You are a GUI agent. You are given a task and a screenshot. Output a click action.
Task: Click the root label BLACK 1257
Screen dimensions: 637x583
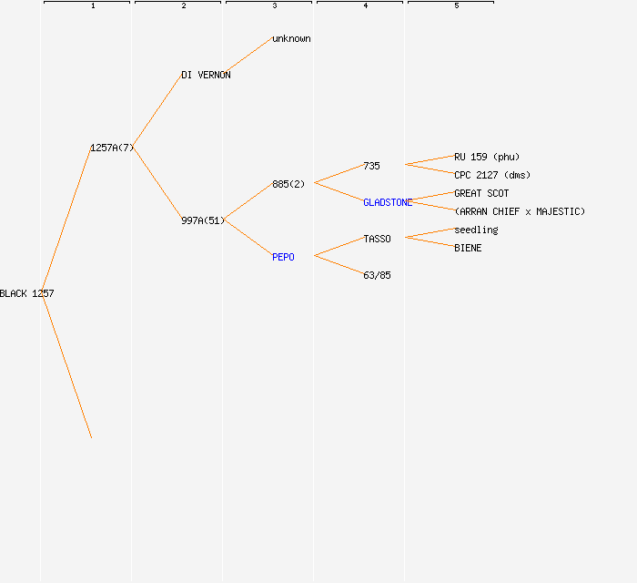tap(26, 293)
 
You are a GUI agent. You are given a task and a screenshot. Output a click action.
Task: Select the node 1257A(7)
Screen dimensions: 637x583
tap(112, 148)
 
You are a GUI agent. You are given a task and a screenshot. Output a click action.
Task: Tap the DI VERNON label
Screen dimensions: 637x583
tap(206, 76)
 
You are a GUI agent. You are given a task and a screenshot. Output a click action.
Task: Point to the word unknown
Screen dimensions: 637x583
tap(292, 38)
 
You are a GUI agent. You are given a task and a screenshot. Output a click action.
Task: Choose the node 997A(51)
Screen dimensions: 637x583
tap(203, 220)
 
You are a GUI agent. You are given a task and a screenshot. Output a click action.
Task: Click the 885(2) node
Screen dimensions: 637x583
tap(288, 184)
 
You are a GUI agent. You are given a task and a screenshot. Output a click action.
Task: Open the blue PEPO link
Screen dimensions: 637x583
tap(283, 257)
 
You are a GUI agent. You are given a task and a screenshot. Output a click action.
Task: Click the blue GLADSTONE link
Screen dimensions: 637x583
tap(388, 202)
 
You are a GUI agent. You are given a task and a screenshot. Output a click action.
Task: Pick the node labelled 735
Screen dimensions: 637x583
tap(371, 166)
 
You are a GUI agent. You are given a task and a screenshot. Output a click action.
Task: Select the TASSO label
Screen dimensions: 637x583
tap(377, 239)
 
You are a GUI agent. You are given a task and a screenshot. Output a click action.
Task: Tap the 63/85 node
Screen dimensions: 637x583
tap(377, 275)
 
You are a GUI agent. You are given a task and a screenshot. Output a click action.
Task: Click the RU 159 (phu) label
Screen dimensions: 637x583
tap(487, 157)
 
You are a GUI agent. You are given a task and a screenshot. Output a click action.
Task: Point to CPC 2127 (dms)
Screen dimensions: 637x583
tap(492, 175)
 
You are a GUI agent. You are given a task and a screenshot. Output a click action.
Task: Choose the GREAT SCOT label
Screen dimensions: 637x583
tap(481, 193)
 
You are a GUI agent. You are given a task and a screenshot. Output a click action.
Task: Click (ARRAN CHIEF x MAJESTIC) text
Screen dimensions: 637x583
tap(520, 211)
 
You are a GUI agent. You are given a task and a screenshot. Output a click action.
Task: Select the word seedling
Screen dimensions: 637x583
tap(476, 230)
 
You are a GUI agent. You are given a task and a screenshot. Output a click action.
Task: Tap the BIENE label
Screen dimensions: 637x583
tap(468, 248)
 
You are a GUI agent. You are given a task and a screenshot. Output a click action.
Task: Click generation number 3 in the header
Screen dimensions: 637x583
tap(275, 5)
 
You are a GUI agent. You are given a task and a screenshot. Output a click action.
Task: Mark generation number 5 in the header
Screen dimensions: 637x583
tap(457, 5)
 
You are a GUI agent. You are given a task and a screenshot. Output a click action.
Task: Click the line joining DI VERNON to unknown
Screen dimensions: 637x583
tap(248, 56)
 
